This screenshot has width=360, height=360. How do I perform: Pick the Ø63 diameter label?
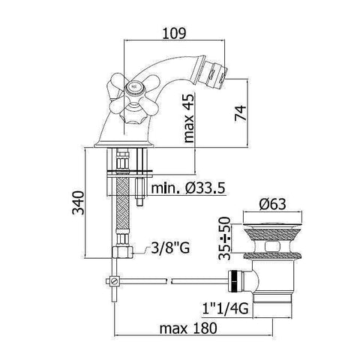point(272,202)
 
